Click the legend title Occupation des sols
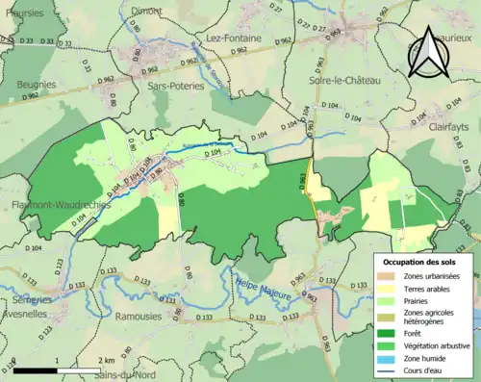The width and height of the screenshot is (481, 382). [x=426, y=262]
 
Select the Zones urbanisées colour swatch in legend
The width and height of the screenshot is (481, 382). [x=390, y=277]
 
